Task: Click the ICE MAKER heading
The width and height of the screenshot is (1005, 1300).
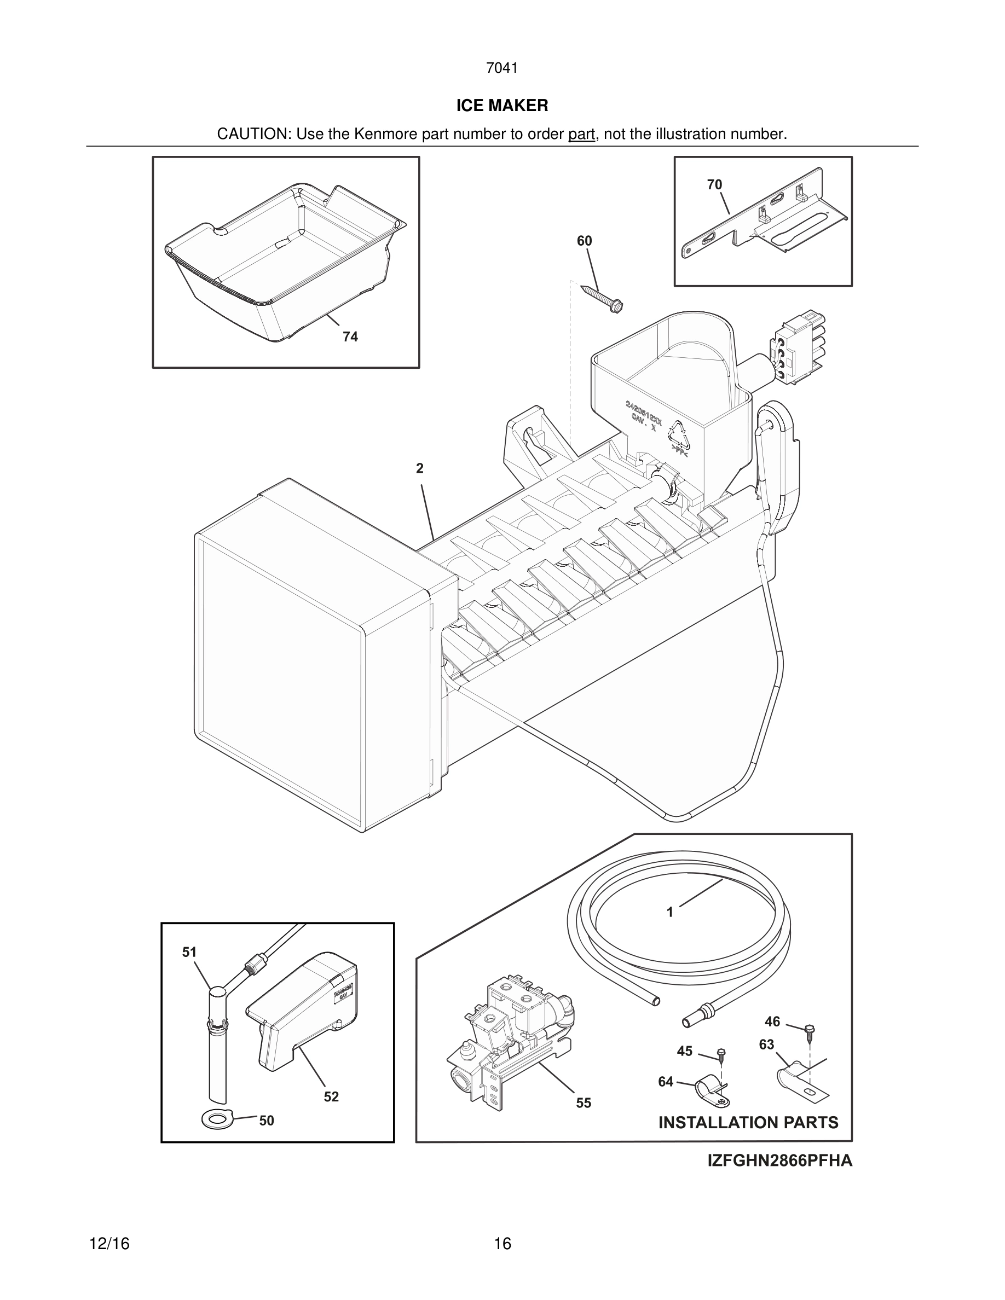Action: pyautogui.click(x=502, y=106)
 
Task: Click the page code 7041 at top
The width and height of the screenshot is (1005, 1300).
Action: pyautogui.click(x=502, y=68)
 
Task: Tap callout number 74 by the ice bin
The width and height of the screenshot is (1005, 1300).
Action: pyautogui.click(x=350, y=337)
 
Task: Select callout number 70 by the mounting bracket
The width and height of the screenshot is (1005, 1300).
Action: pyautogui.click(x=714, y=184)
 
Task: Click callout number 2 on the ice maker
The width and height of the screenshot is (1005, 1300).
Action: pyautogui.click(x=420, y=468)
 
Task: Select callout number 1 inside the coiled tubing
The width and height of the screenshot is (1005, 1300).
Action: pyautogui.click(x=670, y=912)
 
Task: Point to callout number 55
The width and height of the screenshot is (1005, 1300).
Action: pyautogui.click(x=584, y=1103)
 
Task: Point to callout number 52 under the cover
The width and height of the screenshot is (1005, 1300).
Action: pyautogui.click(x=331, y=1096)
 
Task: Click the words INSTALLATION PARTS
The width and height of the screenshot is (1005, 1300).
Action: pyautogui.click(x=748, y=1123)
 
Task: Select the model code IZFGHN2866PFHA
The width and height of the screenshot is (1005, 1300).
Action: pyautogui.click(x=779, y=1160)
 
